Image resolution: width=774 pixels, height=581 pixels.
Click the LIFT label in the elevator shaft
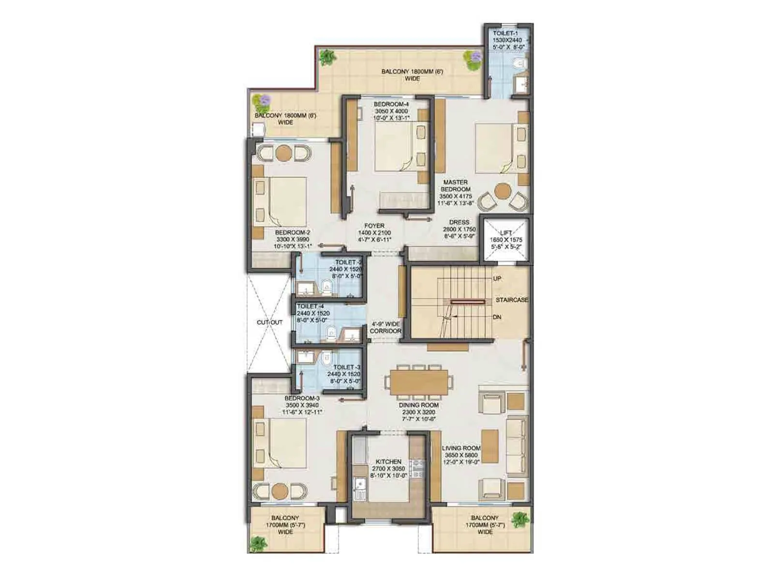pyautogui.click(x=506, y=233)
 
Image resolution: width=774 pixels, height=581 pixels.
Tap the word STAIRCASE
pyautogui.click(x=512, y=300)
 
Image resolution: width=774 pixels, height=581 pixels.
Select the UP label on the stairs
pyautogui.click(x=497, y=279)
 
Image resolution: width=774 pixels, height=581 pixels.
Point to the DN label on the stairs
pyautogui.click(x=497, y=317)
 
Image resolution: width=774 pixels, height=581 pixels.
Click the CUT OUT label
pyautogui.click(x=269, y=322)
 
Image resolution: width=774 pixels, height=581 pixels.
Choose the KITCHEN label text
pyautogui.click(x=388, y=462)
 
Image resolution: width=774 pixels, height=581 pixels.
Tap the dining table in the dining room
pyautogui.click(x=419, y=382)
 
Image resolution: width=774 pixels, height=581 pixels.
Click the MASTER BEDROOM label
pyautogui.click(x=455, y=186)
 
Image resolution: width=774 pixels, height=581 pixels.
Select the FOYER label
pyautogui.click(x=374, y=226)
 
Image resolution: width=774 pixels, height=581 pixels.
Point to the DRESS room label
pyautogui.click(x=459, y=223)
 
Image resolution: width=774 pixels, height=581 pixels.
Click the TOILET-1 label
pyautogui.click(x=505, y=33)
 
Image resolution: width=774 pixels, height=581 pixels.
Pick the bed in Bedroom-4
pyautogui.click(x=394, y=146)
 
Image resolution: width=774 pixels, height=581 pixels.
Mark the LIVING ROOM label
pyautogui.click(x=461, y=448)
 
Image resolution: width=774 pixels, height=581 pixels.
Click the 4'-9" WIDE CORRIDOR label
pyautogui.click(x=386, y=328)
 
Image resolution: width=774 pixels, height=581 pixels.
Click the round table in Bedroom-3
pyautogui.click(x=280, y=491)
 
